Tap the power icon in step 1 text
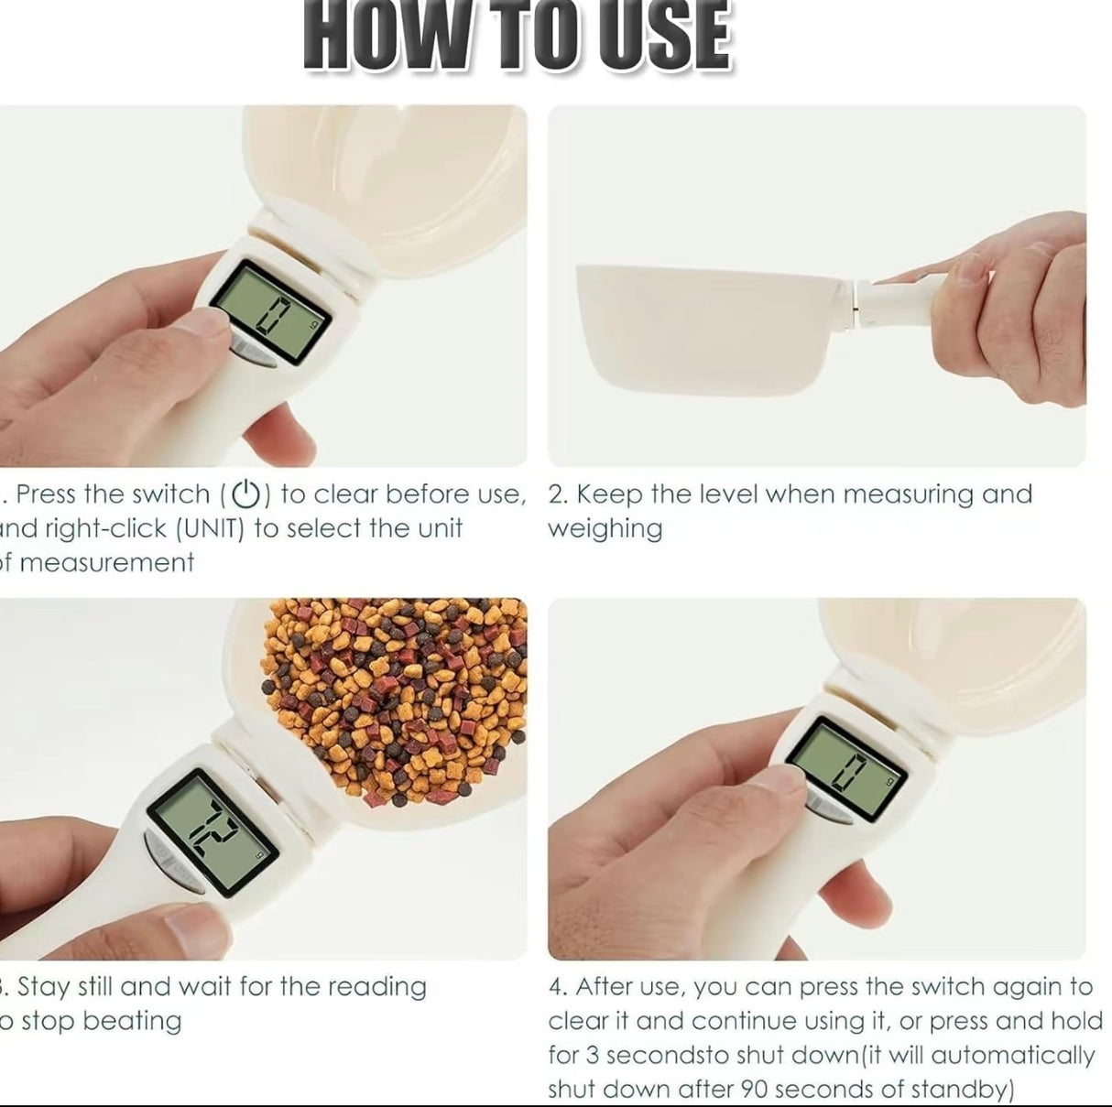[x=245, y=494]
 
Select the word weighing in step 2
[x=605, y=529]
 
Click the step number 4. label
[x=558, y=987]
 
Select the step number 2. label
[x=558, y=494]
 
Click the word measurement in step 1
[x=107, y=562]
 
